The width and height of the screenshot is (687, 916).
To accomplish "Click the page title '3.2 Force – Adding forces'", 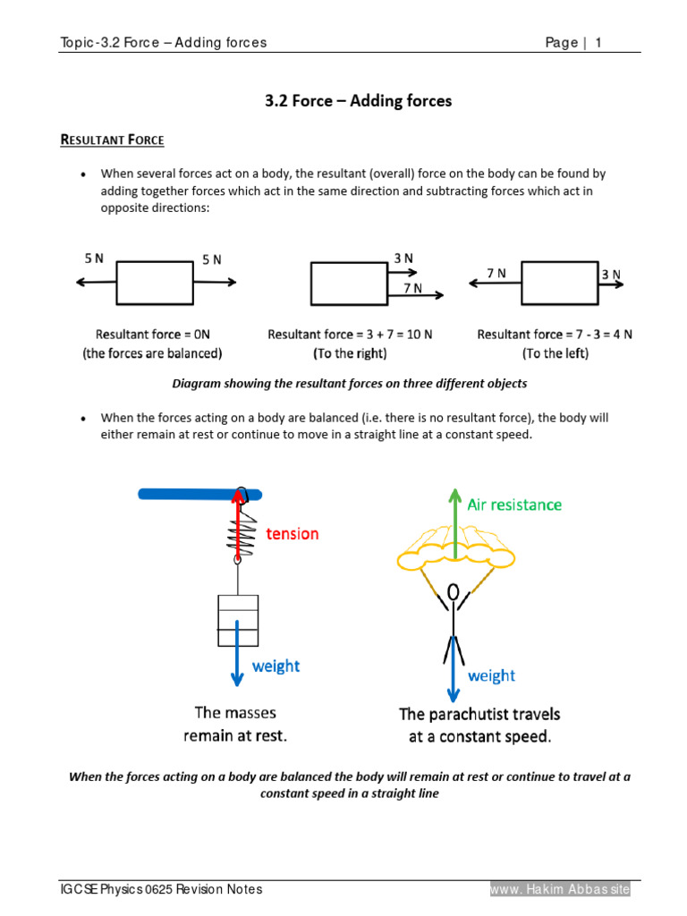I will coord(358,101).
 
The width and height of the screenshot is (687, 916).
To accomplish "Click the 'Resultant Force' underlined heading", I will coord(112,140).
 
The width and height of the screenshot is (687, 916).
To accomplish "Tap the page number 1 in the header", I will coord(598,43).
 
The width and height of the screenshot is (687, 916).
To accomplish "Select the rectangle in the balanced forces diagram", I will coord(156,282).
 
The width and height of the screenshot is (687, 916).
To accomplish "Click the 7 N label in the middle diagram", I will coord(412,288).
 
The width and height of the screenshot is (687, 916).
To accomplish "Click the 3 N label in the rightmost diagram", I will coord(611,276).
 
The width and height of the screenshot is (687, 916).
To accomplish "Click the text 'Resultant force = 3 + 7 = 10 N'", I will coord(350,335).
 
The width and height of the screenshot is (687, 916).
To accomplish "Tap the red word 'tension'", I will coord(292,534).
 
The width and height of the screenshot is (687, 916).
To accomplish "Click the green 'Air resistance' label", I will coord(514,505).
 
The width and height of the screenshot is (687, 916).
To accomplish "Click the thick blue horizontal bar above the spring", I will coord(199,493).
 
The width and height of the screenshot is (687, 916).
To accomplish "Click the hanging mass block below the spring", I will coord(238,619).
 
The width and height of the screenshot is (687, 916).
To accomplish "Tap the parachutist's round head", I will coord(454,593).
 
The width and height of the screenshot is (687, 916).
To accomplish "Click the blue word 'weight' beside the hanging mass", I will coord(276,666).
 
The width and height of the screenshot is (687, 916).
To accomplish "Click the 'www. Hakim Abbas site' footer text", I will coord(560,889).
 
